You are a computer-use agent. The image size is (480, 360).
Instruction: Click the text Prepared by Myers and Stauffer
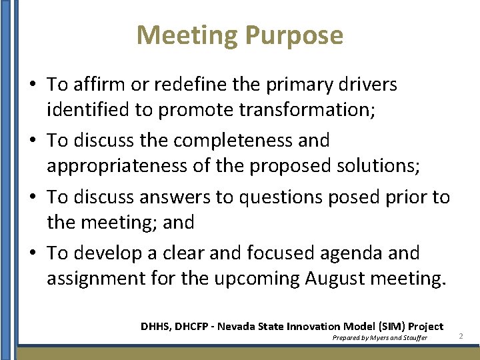click(x=379, y=338)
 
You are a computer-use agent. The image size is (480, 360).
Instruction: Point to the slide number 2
click(x=461, y=337)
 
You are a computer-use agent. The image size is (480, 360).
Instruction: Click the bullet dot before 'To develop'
click(x=32, y=253)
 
